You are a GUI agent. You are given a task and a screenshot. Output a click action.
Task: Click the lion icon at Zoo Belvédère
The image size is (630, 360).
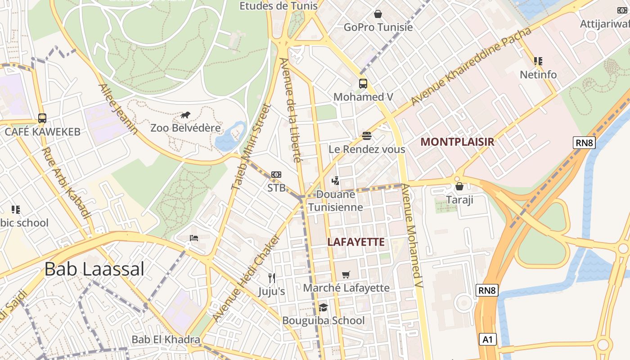pyautogui.click(x=185, y=115)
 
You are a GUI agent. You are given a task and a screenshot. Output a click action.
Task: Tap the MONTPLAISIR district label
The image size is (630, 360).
pyautogui.click(x=457, y=142)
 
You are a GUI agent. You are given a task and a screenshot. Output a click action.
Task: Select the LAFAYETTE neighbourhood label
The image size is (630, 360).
pyautogui.click(x=356, y=242)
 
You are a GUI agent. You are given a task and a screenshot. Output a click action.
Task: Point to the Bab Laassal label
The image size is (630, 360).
pyautogui.click(x=94, y=270)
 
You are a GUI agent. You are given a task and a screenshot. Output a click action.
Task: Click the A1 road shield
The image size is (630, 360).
pyautogui.click(x=488, y=339)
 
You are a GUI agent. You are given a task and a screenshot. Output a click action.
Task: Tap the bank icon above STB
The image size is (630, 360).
pyautogui.click(x=276, y=175)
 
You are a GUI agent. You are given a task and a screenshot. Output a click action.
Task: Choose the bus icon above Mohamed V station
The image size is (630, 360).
pyautogui.click(x=363, y=84)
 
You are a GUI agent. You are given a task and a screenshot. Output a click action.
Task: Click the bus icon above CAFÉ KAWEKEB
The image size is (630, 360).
pyautogui.click(x=42, y=118)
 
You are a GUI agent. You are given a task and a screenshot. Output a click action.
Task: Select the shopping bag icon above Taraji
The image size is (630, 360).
pyautogui.click(x=459, y=186)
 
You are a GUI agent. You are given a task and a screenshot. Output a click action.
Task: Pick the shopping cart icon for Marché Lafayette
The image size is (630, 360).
pyautogui.click(x=346, y=274)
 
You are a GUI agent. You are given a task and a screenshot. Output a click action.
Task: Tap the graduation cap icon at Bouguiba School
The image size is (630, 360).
pyautogui.click(x=323, y=308)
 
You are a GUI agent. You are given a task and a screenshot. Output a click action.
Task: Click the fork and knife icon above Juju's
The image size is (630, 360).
pyautogui.click(x=271, y=278)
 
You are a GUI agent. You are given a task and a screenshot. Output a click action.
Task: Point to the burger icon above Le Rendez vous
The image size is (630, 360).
pyautogui.click(x=367, y=136)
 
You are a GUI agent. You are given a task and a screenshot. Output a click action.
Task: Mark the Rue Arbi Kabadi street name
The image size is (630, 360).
pyautogui.click(x=66, y=183)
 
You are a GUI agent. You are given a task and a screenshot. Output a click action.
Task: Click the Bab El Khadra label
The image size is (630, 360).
pyautogui.click(x=166, y=339)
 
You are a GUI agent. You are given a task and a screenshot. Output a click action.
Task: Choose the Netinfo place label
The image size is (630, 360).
pyautogui.click(x=538, y=75)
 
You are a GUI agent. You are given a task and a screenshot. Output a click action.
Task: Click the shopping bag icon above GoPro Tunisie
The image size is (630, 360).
pyautogui.click(x=378, y=14)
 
